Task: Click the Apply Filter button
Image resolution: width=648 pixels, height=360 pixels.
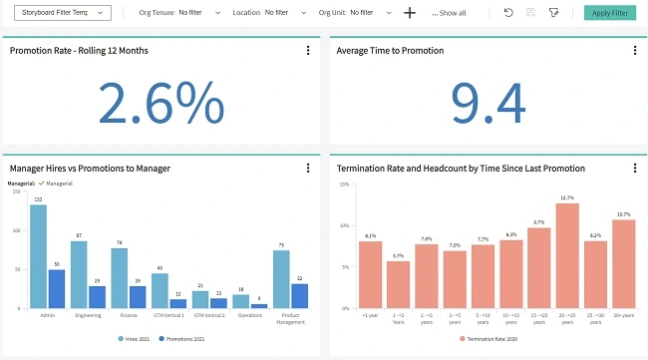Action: [x=609, y=13]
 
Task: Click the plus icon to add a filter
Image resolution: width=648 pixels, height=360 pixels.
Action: [x=410, y=13]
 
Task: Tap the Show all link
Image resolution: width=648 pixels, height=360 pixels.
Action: [x=449, y=13]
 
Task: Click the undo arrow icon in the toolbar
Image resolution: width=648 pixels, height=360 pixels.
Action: [x=508, y=13]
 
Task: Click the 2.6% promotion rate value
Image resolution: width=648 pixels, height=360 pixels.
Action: [x=161, y=102]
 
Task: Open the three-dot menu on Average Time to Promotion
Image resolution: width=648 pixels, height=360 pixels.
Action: [x=634, y=50]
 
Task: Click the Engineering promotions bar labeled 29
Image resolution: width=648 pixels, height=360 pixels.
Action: [x=98, y=297]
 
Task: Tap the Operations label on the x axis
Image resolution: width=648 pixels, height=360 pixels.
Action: [x=250, y=314]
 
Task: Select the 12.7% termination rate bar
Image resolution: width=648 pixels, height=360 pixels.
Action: [x=568, y=255]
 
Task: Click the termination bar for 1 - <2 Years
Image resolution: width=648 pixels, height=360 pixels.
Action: [x=398, y=284]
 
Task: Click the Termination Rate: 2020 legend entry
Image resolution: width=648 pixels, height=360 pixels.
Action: [x=488, y=339]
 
